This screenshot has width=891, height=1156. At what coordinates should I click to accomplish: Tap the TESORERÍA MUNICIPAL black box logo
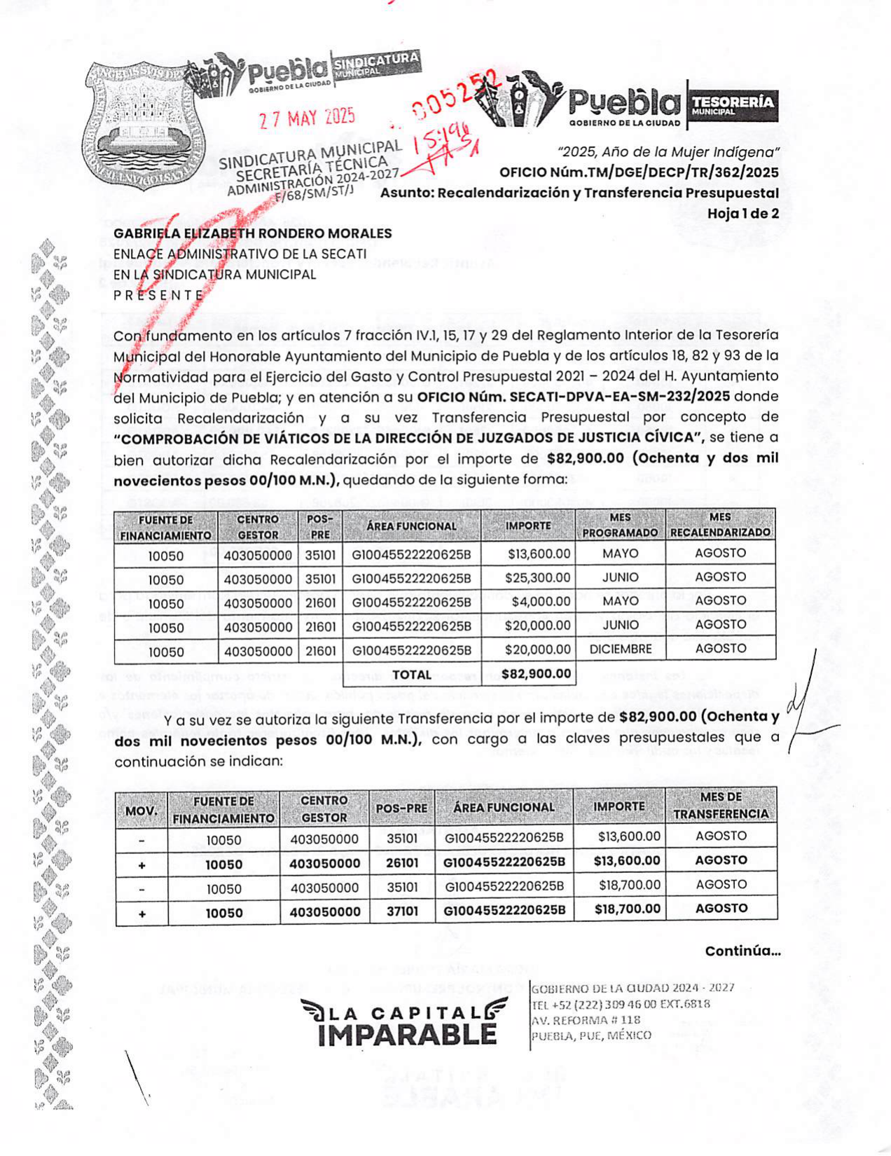point(733,105)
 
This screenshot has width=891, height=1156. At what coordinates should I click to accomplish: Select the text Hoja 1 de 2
point(742,214)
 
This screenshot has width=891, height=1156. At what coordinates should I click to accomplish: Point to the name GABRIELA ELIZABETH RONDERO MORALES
point(253,233)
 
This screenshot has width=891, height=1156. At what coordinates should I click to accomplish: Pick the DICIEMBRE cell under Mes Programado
point(620,649)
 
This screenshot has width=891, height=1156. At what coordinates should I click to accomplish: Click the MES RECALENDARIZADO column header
point(720,525)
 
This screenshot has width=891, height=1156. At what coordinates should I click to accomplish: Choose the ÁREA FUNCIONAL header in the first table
point(411,526)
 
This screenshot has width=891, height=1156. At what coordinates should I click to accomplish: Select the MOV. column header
point(141,811)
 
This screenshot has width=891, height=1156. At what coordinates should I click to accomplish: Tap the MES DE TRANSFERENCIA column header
point(721,806)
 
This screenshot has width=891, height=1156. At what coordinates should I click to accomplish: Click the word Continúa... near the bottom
point(742,951)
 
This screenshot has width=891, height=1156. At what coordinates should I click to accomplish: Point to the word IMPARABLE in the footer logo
point(407,1034)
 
